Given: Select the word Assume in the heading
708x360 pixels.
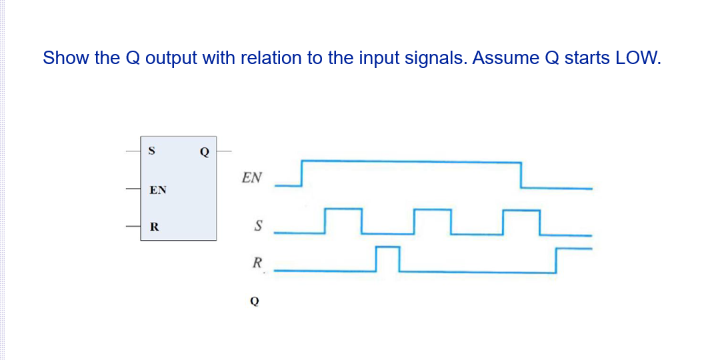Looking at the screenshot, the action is tap(509, 58).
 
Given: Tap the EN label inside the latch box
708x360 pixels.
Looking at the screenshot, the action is tap(158, 190).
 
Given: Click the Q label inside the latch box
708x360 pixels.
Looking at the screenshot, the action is tap(204, 151).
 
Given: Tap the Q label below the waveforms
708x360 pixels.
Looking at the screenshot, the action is tap(254, 301).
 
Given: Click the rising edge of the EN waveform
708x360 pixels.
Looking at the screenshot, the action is tap(302, 173).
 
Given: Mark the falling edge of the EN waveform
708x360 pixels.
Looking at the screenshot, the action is tap(521, 174).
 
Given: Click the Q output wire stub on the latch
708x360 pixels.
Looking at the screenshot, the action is tap(224, 151).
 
